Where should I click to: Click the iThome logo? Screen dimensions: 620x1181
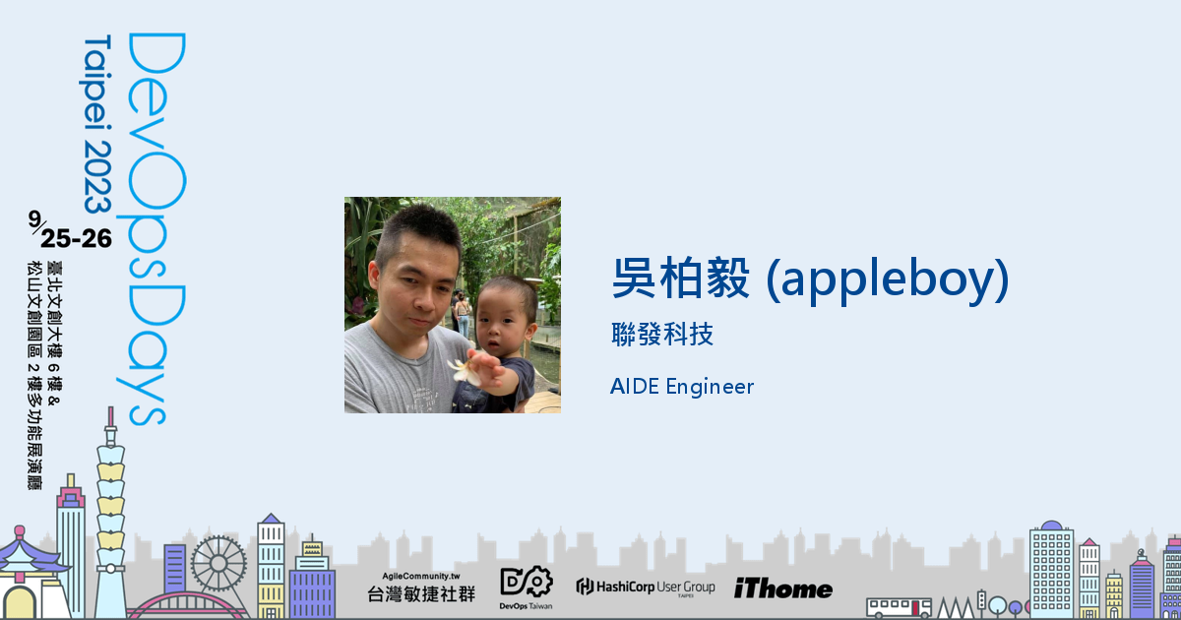click(782, 589)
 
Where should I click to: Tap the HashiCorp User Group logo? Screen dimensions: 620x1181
click(646, 588)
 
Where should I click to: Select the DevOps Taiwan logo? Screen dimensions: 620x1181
click(527, 588)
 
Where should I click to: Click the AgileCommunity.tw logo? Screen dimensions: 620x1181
click(420, 588)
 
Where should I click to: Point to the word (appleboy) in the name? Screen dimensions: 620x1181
click(887, 279)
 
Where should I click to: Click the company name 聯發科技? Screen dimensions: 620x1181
click(661, 335)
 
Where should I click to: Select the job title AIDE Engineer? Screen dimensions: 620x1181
click(681, 387)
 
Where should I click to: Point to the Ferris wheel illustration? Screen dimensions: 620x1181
click(218, 563)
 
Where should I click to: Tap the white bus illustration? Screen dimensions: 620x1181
click(899, 606)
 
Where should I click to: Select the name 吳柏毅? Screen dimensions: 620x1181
click(682, 279)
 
